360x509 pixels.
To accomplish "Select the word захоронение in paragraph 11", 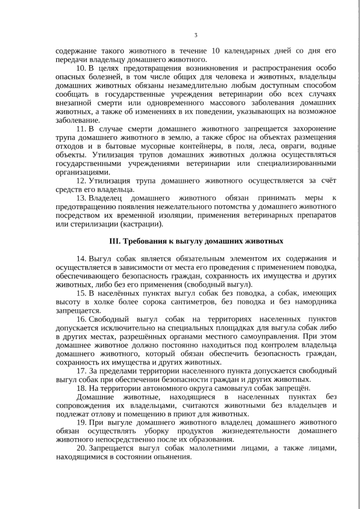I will [x=311, y=129].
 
